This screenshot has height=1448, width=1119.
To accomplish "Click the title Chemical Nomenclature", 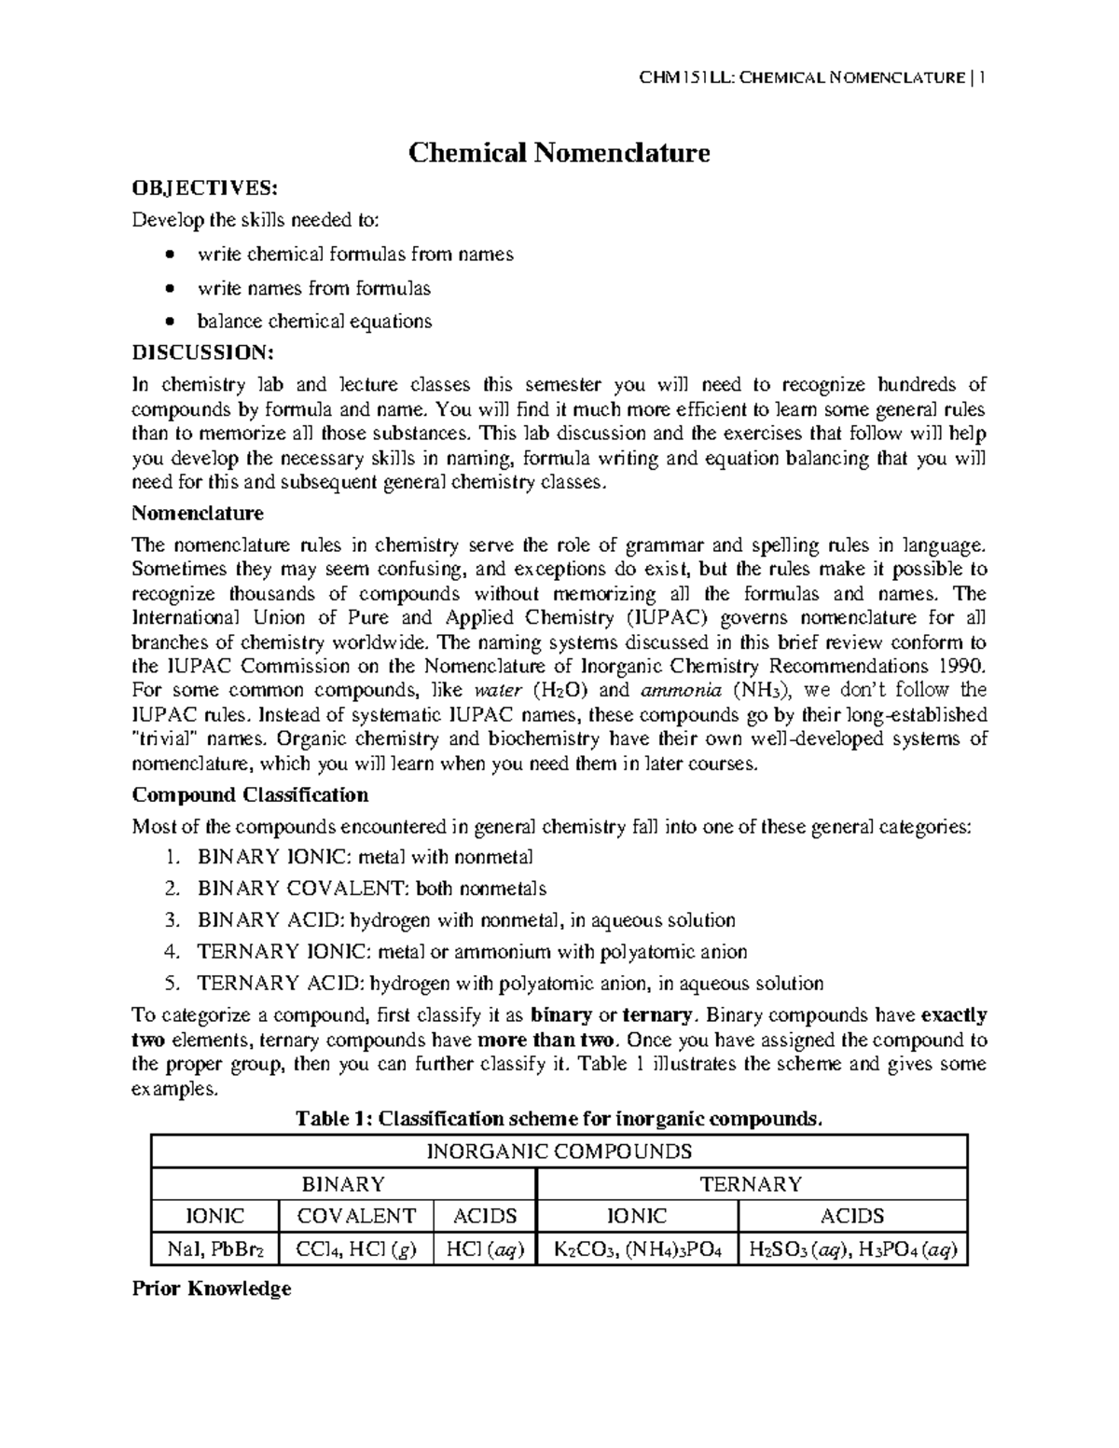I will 559,152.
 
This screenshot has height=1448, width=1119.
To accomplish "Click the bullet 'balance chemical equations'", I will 314,322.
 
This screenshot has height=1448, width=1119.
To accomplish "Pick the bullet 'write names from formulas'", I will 313,288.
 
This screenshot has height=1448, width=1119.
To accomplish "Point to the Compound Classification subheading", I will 250,795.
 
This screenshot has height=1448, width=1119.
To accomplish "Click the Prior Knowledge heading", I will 212,1289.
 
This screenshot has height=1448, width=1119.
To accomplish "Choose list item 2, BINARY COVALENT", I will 371,889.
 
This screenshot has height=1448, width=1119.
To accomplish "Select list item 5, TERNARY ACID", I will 509,984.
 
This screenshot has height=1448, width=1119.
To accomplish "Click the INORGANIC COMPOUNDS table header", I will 559,1151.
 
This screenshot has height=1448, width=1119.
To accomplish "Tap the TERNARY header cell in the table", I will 751,1184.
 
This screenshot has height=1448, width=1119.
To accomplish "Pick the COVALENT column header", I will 355,1216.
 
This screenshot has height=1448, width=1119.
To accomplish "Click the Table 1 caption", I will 559,1119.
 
